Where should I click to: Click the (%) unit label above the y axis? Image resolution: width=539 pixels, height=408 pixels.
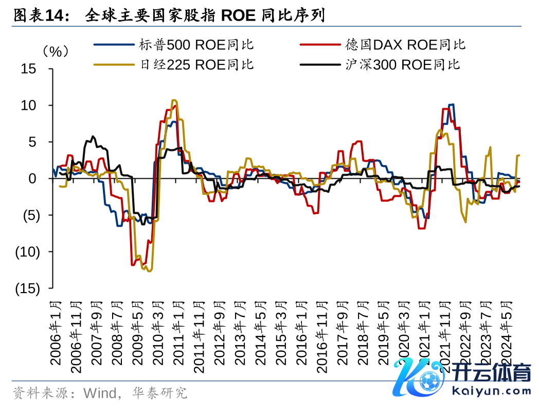pos(55,52)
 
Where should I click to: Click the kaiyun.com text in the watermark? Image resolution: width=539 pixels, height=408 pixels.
pos(491,390)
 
